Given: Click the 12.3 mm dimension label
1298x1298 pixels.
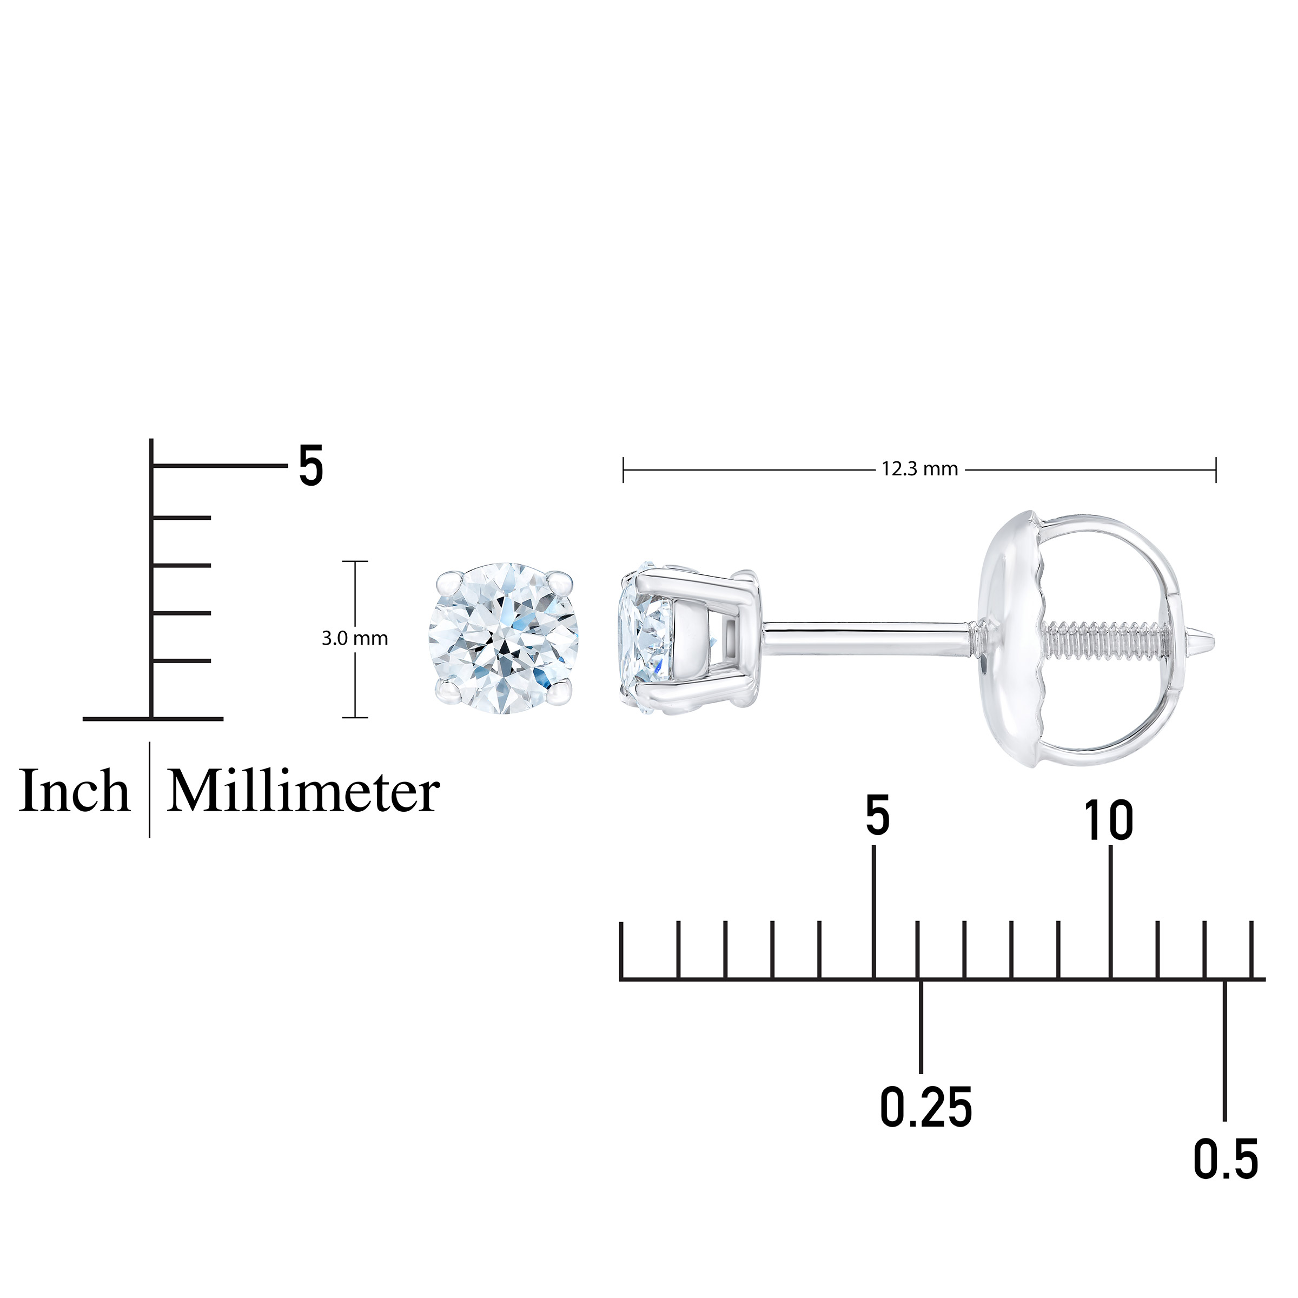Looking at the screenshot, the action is pyautogui.click(x=920, y=469).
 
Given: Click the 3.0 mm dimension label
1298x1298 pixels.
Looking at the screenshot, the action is pyautogui.click(x=355, y=638).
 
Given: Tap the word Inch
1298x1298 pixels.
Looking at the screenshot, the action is pyautogui.click(x=74, y=791).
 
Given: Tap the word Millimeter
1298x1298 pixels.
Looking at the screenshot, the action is pyautogui.click(x=303, y=791).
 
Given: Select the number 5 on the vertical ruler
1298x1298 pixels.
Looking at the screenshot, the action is pyautogui.click(x=310, y=466).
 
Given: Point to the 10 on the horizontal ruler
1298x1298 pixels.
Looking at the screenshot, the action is pyautogui.click(x=1109, y=820).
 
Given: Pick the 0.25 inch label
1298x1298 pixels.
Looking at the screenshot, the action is pyautogui.click(x=926, y=1107).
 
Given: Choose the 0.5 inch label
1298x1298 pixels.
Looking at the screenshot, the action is pyautogui.click(x=1226, y=1160).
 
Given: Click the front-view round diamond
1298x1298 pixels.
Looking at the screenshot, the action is pyautogui.click(x=503, y=638).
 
